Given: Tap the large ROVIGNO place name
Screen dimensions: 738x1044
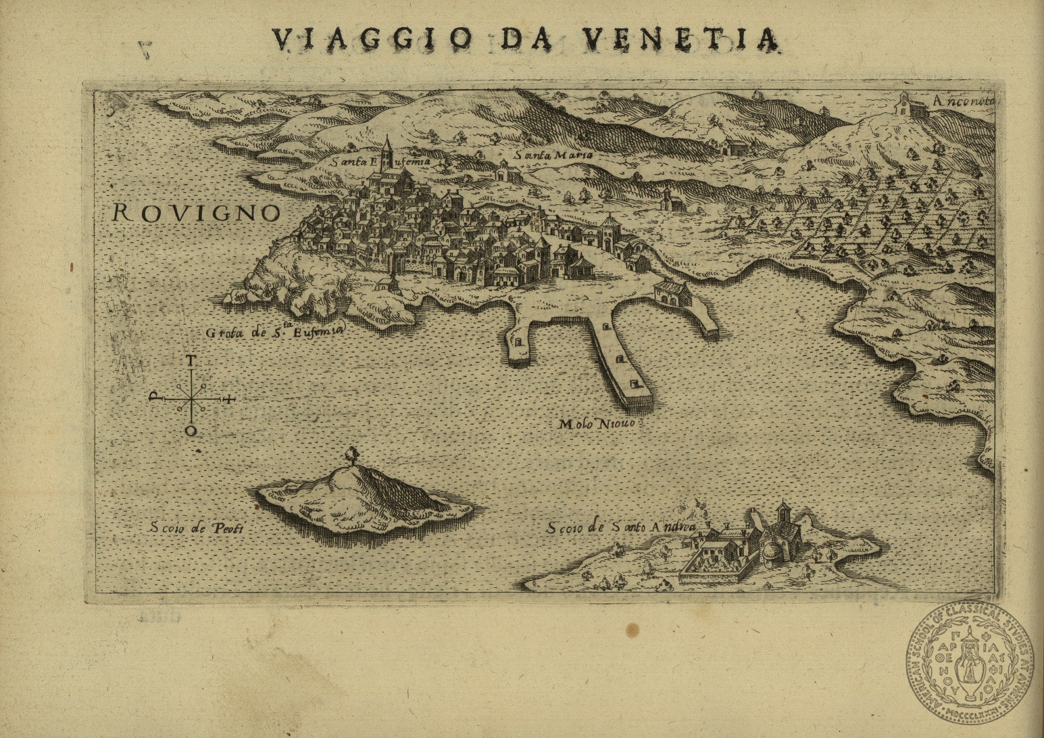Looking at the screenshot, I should coord(196,213).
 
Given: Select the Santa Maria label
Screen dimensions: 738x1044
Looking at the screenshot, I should coord(553,155).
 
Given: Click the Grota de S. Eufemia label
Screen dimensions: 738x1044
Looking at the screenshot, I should coord(275,330).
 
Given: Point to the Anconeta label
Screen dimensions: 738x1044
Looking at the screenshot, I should coord(962,100).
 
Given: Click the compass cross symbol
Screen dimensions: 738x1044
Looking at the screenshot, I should coord(192,399).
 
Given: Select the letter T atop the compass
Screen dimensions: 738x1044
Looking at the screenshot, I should coord(192,360).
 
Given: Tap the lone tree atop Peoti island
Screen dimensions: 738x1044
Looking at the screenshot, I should coord(351,454).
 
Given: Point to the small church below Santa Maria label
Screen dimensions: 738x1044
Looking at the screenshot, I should coord(504,172).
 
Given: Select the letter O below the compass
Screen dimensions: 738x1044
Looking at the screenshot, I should coord(192,430).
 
